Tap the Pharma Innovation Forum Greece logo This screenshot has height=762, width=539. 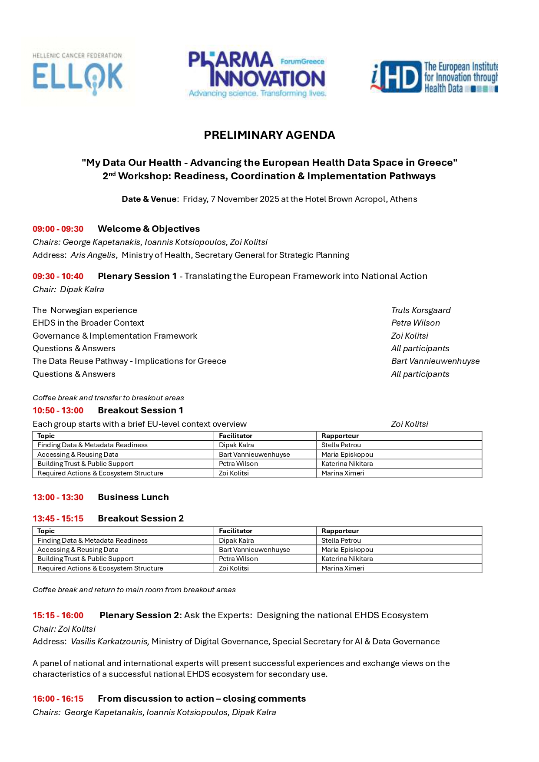pyautogui.click(x=257, y=74)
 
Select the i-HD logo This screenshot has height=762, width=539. pyautogui.click(x=434, y=77)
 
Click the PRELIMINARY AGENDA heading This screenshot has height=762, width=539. pyautogui.click(x=269, y=135)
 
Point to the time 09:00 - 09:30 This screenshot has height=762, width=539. pyautogui.click(x=58, y=229)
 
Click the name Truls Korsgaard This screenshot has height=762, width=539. pyautogui.click(x=420, y=310)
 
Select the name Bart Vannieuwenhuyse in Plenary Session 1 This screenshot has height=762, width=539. pyautogui.click(x=435, y=361)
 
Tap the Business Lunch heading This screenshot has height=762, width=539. pyautogui.click(x=133, y=497)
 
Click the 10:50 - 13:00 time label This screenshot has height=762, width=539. pyautogui.click(x=58, y=411)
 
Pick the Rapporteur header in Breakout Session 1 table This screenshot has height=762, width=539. pyautogui.click(x=340, y=435)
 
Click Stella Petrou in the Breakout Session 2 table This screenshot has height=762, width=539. pyautogui.click(x=341, y=541)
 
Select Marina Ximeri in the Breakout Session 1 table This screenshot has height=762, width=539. pyautogui.click(x=343, y=473)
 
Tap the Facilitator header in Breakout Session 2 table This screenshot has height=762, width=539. pyautogui.click(x=235, y=531)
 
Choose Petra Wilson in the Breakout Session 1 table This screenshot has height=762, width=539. pyautogui.click(x=238, y=464)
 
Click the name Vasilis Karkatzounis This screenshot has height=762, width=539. pyautogui.click(x=110, y=642)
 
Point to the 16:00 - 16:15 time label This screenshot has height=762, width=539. pyautogui.click(x=58, y=699)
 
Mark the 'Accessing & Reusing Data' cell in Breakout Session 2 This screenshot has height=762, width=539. pyautogui.click(x=78, y=550)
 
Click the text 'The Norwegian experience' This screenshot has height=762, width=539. pyautogui.click(x=85, y=310)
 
